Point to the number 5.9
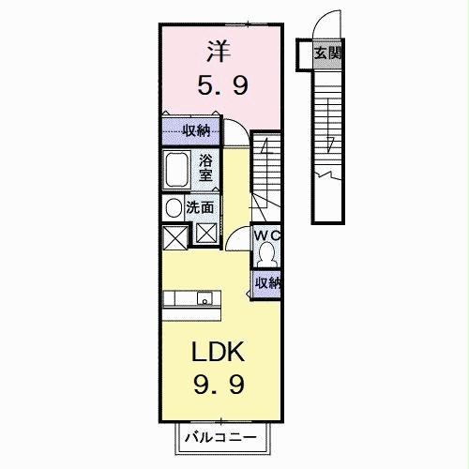coord(222,86)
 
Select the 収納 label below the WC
coord(267,282)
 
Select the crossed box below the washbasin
coord(174,236)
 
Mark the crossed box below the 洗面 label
coord(205,234)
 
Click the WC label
coord(268,235)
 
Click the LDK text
coord(219,353)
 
